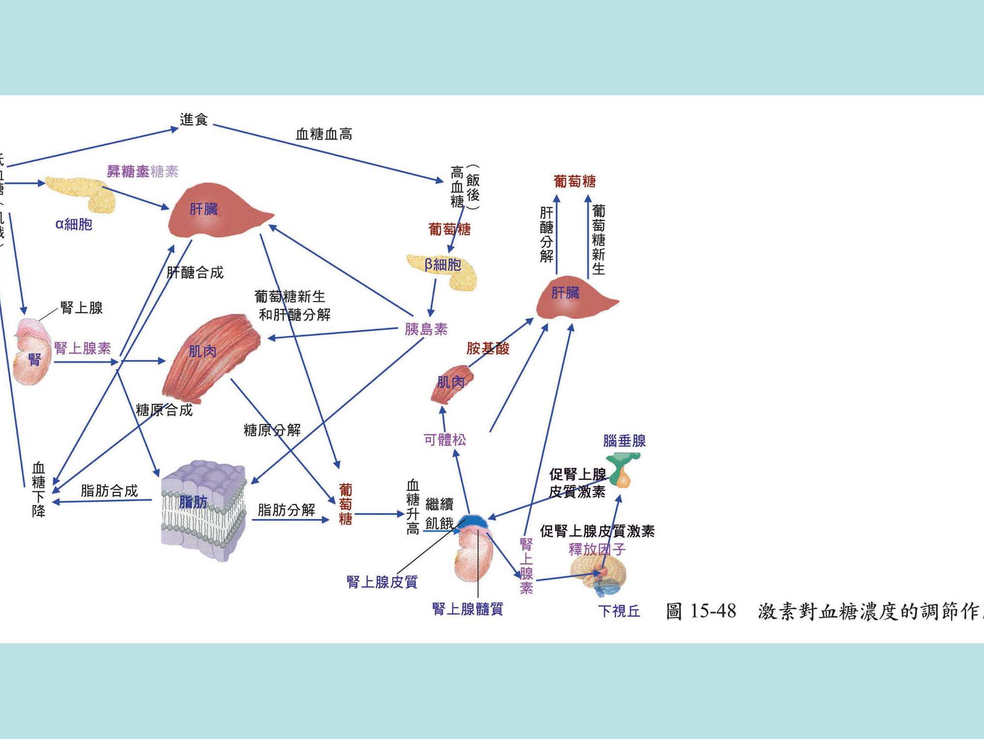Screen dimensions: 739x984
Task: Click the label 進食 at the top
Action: click(x=194, y=119)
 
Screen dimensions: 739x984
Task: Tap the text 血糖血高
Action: click(x=324, y=134)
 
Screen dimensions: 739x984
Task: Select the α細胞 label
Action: click(x=74, y=224)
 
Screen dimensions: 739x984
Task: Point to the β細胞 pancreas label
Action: click(x=443, y=265)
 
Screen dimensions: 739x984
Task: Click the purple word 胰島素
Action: click(x=426, y=329)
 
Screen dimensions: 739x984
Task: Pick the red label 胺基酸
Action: click(x=488, y=349)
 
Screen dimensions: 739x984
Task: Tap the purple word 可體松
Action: click(x=445, y=440)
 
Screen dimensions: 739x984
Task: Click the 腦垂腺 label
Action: click(x=624, y=441)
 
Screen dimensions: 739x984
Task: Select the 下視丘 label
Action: click(x=619, y=611)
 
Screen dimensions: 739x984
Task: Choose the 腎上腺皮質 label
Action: click(x=382, y=582)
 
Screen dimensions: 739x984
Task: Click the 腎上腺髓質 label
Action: click(x=467, y=609)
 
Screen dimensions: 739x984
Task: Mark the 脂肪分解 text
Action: click(x=286, y=510)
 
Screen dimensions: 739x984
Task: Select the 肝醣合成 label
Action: click(x=195, y=273)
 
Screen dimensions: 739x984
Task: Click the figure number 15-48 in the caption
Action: click(x=713, y=611)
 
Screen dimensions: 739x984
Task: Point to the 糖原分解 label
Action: click(x=272, y=430)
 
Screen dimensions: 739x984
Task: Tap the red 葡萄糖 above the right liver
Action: click(x=574, y=182)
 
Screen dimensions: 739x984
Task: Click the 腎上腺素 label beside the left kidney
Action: click(x=83, y=349)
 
